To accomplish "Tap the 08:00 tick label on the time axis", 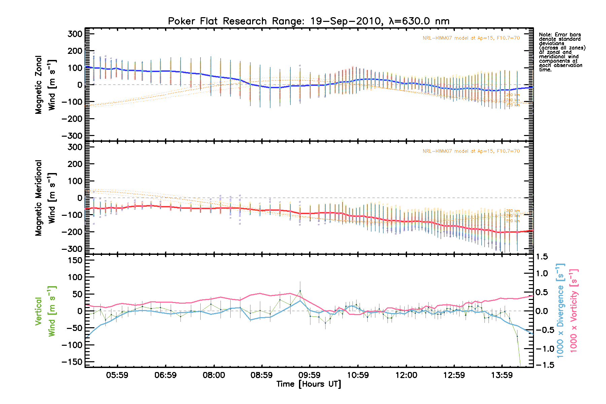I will click(214, 375).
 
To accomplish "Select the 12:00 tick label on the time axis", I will click(406, 375).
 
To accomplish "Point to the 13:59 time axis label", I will click(502, 375).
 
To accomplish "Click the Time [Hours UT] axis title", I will click(309, 384).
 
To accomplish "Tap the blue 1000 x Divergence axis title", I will click(560, 310).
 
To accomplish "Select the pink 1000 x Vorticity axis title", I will click(574, 310).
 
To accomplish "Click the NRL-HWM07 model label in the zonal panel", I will click(471, 38).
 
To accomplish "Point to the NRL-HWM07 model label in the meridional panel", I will click(471, 151).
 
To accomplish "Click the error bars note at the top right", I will click(562, 52).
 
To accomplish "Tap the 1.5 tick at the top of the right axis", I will click(542, 257).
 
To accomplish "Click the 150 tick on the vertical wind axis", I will click(75, 260).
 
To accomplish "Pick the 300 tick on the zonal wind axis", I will click(75, 34).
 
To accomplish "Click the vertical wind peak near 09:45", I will click(300, 291).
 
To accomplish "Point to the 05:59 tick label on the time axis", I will click(117, 375).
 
